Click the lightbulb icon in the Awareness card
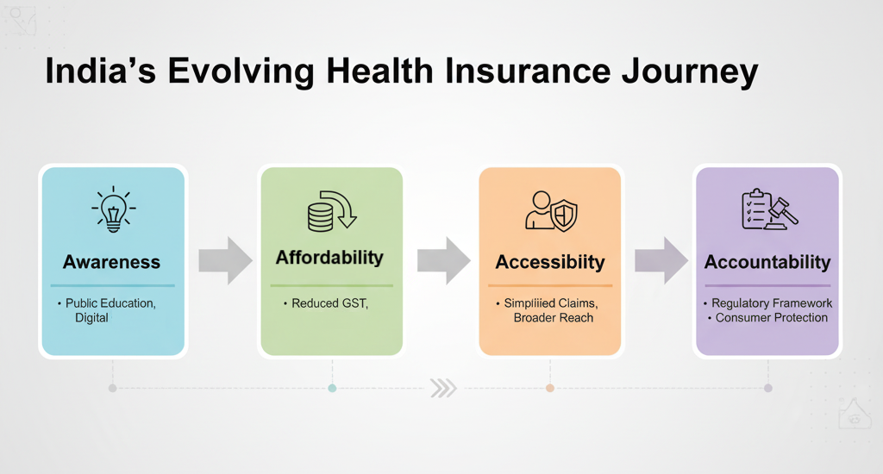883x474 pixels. (x=114, y=209)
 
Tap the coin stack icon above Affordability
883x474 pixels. (x=332, y=211)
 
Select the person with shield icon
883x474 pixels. (x=551, y=211)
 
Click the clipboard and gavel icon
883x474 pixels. (x=769, y=209)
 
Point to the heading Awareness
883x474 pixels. (x=111, y=262)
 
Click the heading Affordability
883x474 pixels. (x=329, y=258)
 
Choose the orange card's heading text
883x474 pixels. (x=550, y=262)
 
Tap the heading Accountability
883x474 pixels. (x=767, y=262)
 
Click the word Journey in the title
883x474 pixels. (x=690, y=72)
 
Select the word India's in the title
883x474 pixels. (x=100, y=71)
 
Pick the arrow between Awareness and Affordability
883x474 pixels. (x=225, y=260)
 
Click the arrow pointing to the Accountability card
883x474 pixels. (x=661, y=260)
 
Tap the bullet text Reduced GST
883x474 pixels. (x=329, y=303)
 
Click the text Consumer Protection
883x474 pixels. (x=772, y=317)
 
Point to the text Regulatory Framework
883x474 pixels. (x=772, y=302)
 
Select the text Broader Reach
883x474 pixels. (x=554, y=318)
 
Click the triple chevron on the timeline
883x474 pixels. (x=444, y=389)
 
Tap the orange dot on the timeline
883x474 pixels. (x=550, y=389)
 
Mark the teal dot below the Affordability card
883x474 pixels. (x=332, y=389)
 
